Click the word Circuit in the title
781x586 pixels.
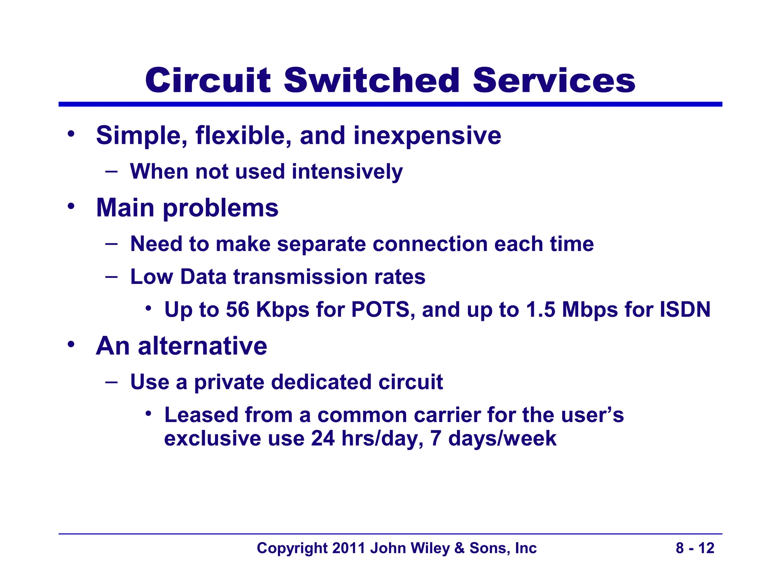pos(208,80)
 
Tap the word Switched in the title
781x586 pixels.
pos(371,80)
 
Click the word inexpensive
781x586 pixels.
pos(427,136)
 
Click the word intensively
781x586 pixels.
pos(347,172)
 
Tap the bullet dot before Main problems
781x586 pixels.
pos(71,206)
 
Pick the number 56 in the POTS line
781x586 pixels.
pos(238,309)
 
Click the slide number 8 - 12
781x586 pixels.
pos(695,548)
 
